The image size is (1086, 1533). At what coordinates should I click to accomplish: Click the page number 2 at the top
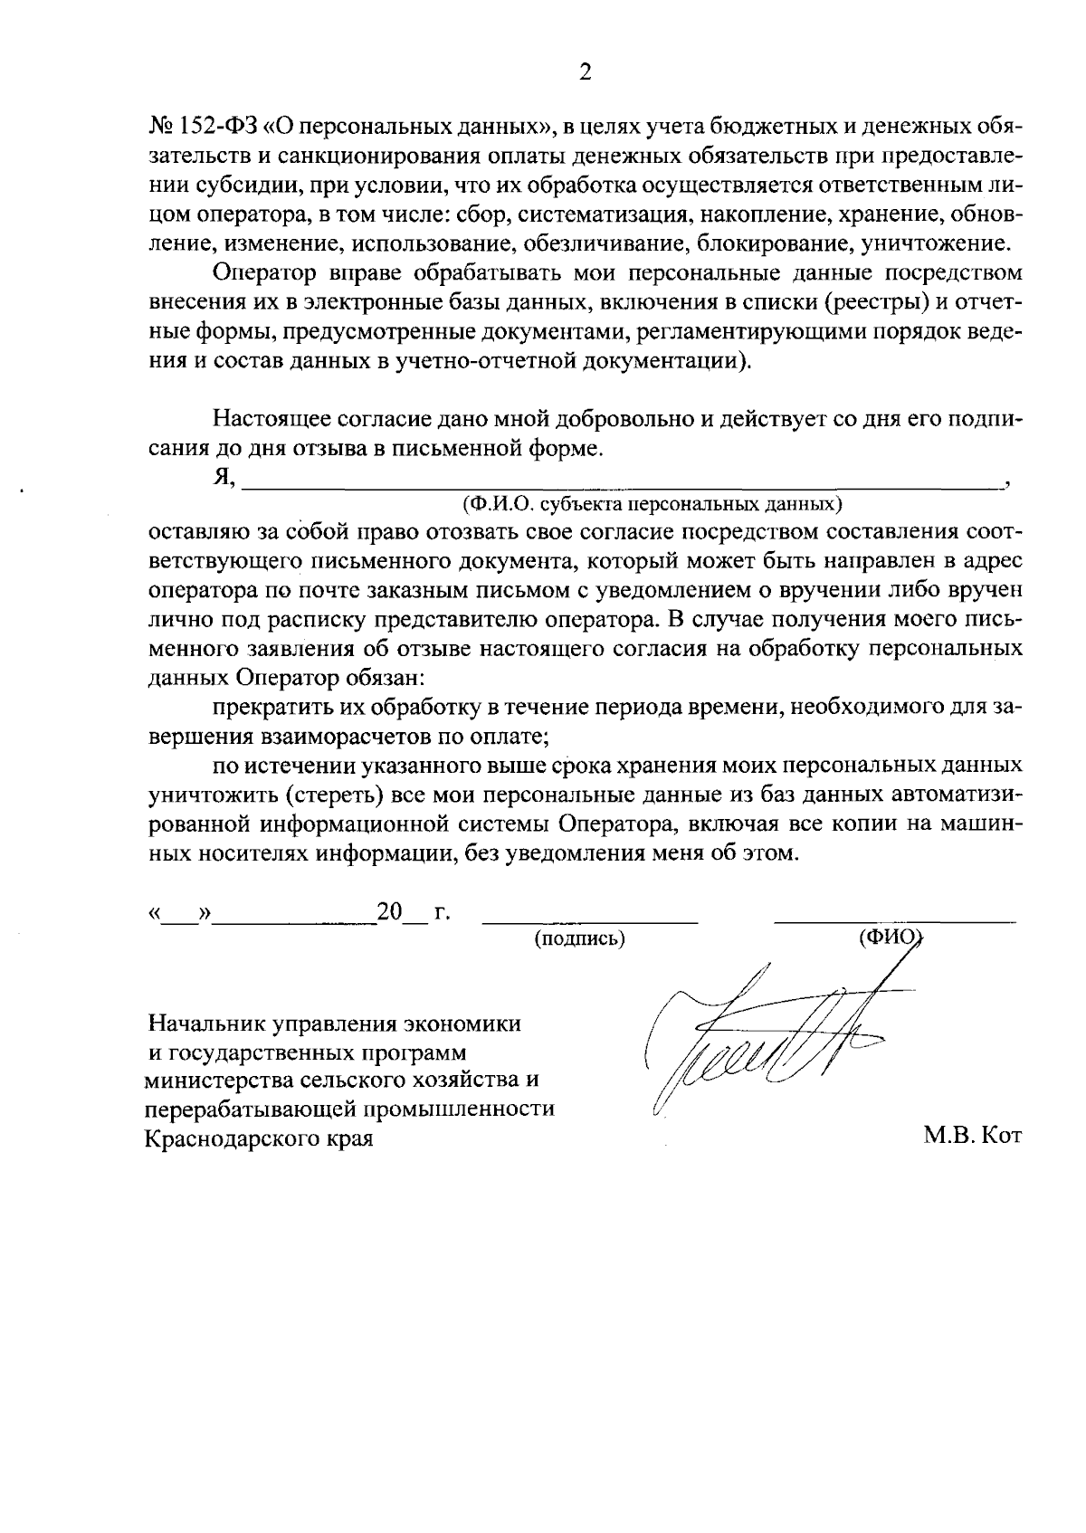(x=585, y=73)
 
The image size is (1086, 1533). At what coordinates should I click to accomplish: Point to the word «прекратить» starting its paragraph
(x=268, y=708)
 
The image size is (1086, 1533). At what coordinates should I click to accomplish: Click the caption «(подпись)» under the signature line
(x=580, y=939)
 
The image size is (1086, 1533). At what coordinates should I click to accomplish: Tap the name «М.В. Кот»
(x=972, y=1137)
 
